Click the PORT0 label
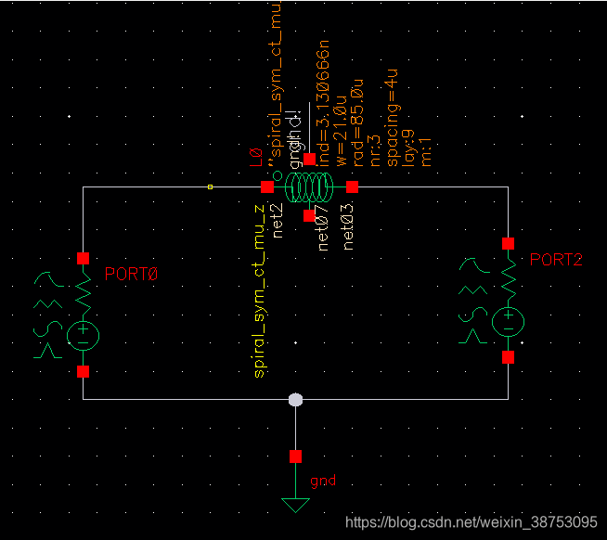(x=132, y=275)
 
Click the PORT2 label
(x=556, y=260)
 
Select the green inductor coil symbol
(x=309, y=187)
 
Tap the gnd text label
(x=323, y=481)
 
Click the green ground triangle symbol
(x=295, y=505)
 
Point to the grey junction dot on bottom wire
(x=295, y=400)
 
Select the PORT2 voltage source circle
(x=508, y=321)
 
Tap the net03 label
(x=349, y=228)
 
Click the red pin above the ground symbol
(x=295, y=456)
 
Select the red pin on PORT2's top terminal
(x=508, y=243)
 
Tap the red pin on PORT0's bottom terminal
(x=83, y=372)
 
